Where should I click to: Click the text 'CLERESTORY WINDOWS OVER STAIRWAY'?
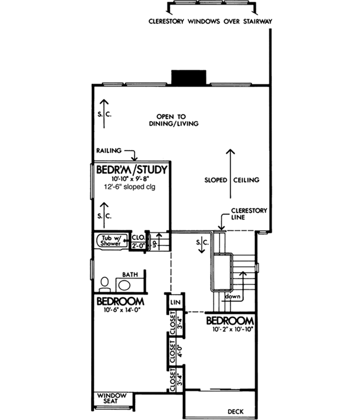211,22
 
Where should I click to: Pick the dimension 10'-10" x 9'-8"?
131,179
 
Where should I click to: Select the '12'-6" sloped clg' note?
131,188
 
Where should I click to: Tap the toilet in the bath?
104,283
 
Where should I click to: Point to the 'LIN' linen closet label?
176,301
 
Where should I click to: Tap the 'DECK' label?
236,412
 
